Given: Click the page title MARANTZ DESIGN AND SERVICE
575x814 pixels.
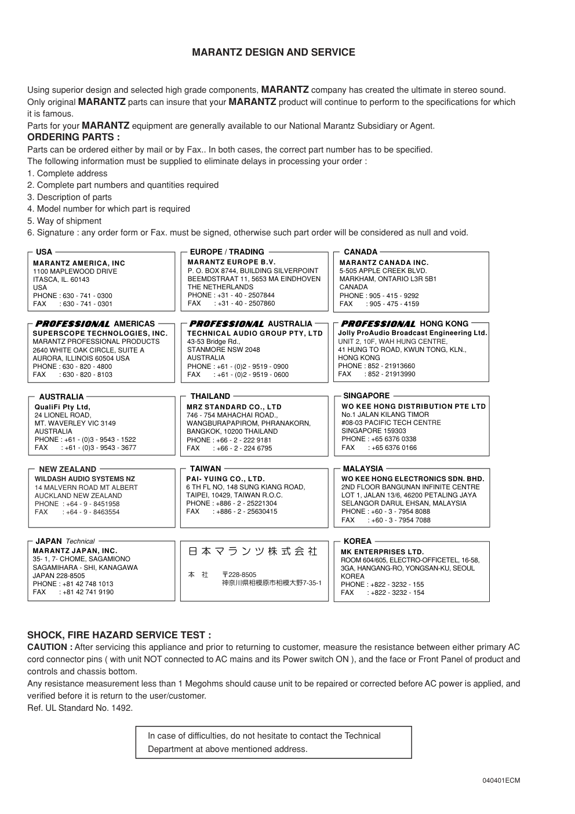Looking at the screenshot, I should [x=274, y=53].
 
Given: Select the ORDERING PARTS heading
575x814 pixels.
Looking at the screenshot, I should [x=74, y=137].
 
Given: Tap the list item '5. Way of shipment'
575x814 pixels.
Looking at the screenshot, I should [x=64, y=221].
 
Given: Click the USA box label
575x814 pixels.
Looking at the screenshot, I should [x=44, y=252].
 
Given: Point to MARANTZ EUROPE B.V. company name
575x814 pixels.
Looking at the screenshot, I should [x=231, y=262].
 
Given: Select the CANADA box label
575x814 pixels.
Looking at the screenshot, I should [x=361, y=252].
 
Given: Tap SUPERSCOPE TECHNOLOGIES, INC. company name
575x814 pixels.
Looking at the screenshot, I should [x=100, y=333].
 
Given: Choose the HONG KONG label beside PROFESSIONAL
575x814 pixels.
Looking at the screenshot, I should [x=444, y=324].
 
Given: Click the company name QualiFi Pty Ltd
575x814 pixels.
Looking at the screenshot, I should [x=63, y=407].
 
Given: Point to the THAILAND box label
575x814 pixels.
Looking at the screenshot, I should [x=210, y=397].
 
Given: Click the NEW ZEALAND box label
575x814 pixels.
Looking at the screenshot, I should [x=67, y=470].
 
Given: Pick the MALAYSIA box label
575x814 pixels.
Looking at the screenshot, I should [x=363, y=469].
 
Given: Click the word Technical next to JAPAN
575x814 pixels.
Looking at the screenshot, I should [x=80, y=542].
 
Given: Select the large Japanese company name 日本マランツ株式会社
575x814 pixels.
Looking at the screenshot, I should [x=253, y=551].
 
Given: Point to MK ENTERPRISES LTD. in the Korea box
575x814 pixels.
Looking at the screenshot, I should [x=382, y=552].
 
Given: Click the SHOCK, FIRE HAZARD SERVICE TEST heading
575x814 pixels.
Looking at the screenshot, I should [x=119, y=635].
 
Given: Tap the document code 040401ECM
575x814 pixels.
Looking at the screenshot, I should [x=501, y=780].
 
